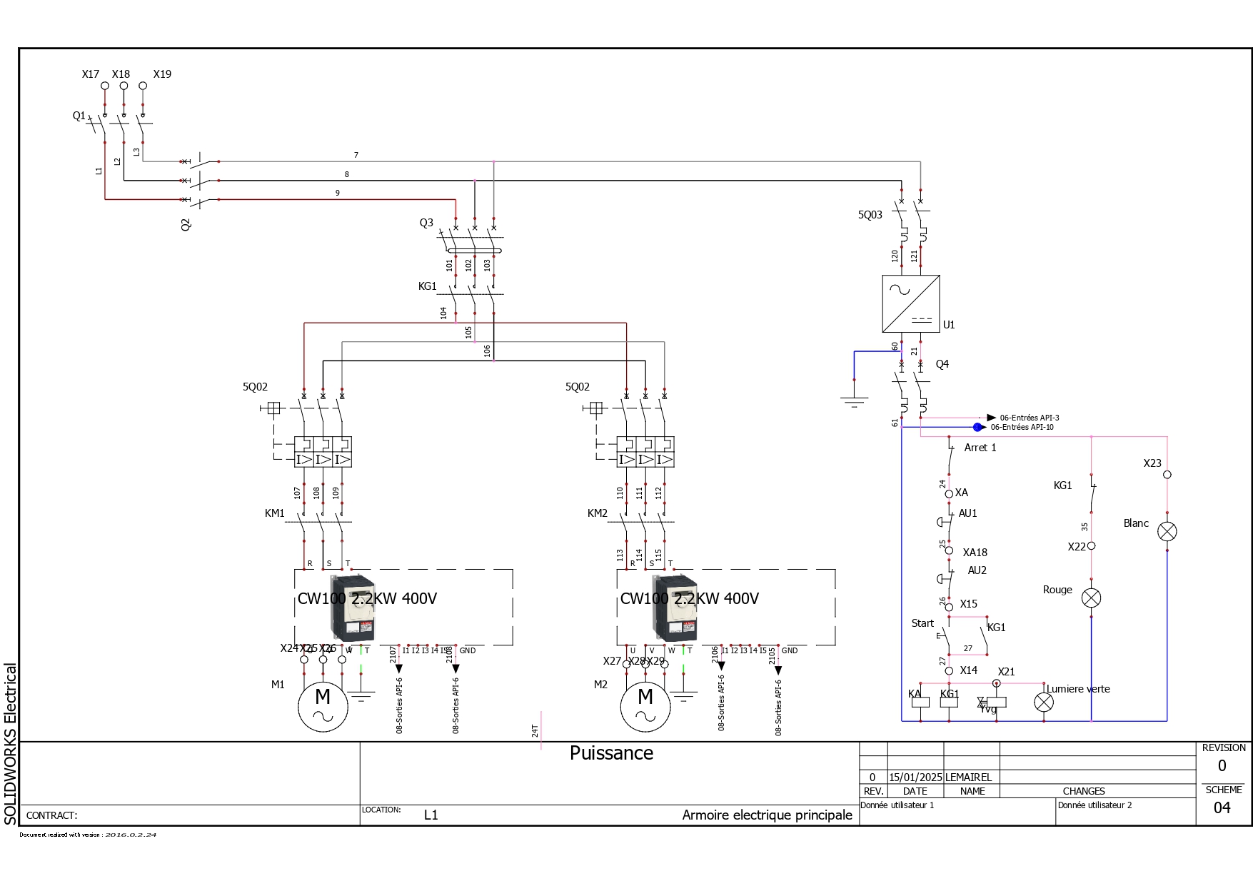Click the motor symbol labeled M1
(x=323, y=706)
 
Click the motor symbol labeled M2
(x=645, y=706)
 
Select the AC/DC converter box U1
(x=910, y=303)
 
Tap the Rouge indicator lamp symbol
(x=1091, y=598)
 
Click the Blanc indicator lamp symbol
(x=1167, y=531)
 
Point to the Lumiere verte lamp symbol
(x=1044, y=702)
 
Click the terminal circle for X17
(x=105, y=86)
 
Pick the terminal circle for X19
(x=143, y=86)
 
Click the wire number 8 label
(x=347, y=174)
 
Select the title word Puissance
(x=611, y=753)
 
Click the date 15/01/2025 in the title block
(x=915, y=777)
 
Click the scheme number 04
(x=1222, y=807)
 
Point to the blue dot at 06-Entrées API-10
(x=977, y=427)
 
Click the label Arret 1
(x=980, y=448)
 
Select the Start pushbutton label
(x=922, y=623)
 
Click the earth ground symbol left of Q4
(x=854, y=402)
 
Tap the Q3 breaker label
(x=426, y=223)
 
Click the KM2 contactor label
(x=597, y=513)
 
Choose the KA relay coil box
(x=920, y=702)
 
